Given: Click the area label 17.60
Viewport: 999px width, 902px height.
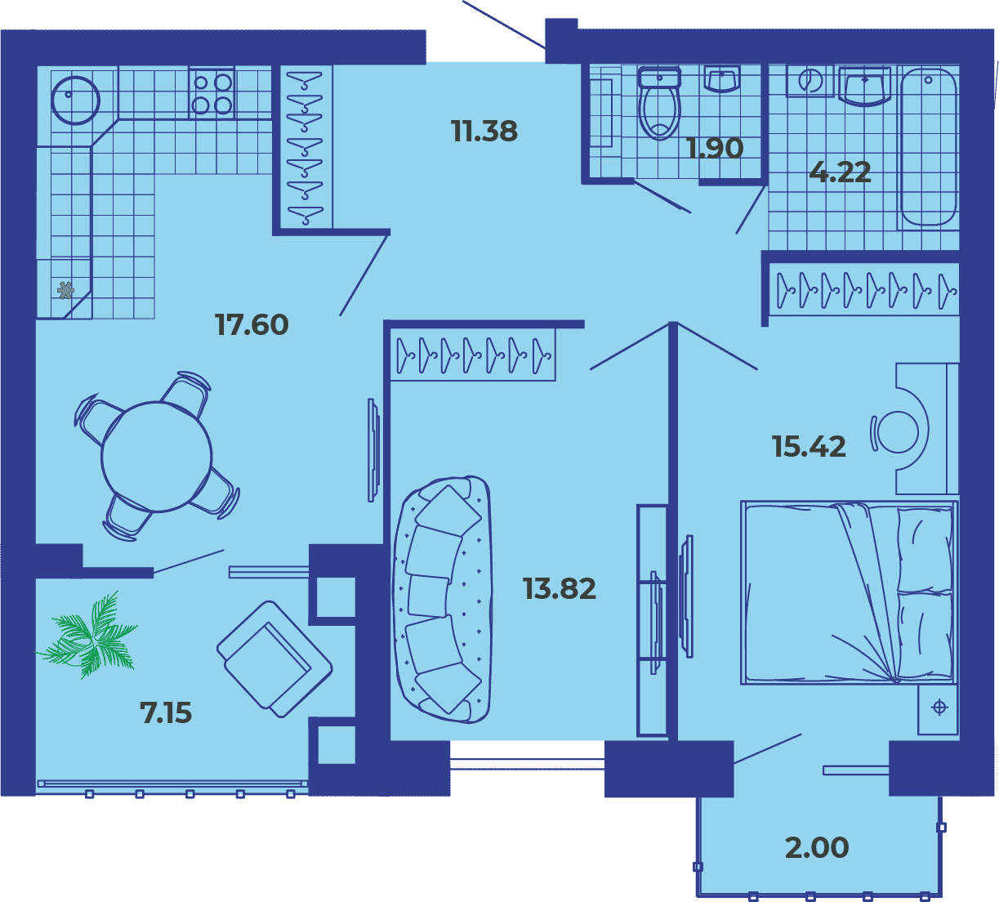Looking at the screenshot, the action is [252, 324].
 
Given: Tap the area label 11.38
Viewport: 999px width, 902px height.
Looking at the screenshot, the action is [484, 131].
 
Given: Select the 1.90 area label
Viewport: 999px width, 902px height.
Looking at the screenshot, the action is [715, 148].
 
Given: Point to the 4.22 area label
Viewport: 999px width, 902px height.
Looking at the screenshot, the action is [841, 172].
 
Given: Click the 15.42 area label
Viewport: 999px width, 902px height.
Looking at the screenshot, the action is [809, 446].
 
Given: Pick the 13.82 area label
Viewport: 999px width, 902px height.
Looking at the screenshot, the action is [560, 588].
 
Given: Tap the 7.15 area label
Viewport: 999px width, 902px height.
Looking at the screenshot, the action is [166, 712].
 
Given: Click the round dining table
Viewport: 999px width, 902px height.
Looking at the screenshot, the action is [157, 457].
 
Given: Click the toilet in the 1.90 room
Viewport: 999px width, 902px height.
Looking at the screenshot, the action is [659, 103].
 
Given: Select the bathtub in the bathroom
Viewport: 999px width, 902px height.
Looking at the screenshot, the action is [928, 148].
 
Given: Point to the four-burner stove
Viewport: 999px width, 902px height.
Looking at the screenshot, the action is [212, 92].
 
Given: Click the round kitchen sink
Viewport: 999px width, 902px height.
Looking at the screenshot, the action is [76, 100].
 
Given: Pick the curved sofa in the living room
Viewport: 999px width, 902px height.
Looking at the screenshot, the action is [442, 600].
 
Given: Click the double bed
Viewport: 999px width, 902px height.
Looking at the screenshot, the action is [849, 592].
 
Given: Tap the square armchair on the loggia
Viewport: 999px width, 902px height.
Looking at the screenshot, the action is [274, 659].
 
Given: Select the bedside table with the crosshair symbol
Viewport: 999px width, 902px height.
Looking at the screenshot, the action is [939, 709].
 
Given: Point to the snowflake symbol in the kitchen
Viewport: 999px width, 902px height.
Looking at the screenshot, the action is [65, 290].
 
